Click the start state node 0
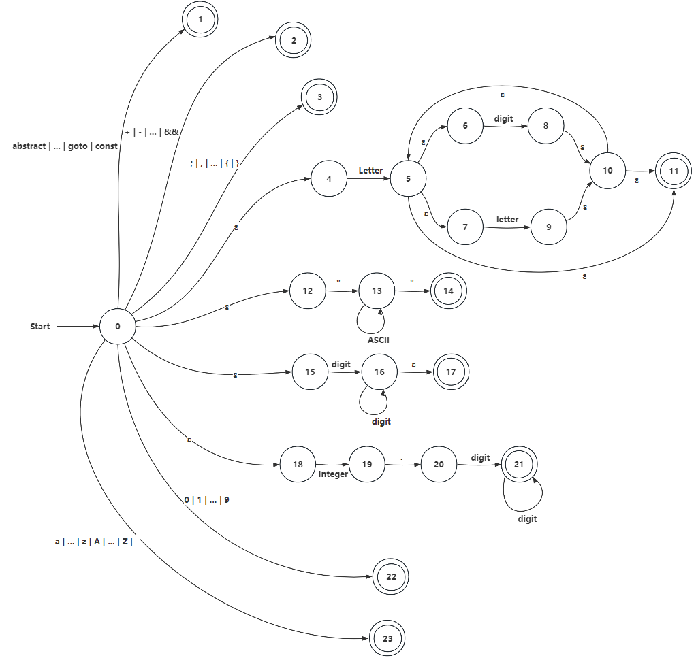117,327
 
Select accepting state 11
674,171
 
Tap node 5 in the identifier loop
409,179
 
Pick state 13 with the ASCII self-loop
377,291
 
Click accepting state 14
448,291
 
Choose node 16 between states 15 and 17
379,372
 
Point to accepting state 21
519,465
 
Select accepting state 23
387,639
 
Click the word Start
40,327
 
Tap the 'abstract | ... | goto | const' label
65,146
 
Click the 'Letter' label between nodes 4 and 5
371,170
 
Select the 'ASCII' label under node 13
378,340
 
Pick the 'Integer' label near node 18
333,474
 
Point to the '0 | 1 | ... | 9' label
206,500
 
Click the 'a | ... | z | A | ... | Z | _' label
97,542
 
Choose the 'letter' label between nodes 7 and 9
507,220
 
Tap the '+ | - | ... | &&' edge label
152,132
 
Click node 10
607,171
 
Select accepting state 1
200,20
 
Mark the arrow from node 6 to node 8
504,127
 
